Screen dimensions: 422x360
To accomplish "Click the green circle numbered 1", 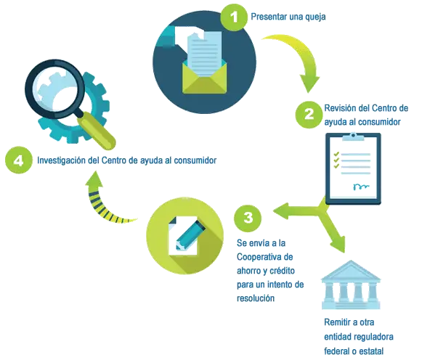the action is (x=234, y=17).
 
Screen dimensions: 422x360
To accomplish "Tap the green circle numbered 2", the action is (x=309, y=115).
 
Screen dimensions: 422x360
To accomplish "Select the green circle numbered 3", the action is (x=248, y=218).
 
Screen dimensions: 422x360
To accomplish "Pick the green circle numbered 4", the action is (x=19, y=160).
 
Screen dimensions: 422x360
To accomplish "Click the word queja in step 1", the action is (x=315, y=17).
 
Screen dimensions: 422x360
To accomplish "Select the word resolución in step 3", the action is (x=256, y=298).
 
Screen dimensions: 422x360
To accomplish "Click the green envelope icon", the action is (x=205, y=78).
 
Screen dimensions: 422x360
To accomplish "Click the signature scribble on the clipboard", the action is (x=361, y=187).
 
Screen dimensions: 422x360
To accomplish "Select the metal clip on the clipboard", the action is (x=353, y=137).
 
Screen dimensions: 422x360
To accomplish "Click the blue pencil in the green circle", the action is (x=190, y=234).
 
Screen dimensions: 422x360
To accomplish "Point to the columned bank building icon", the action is (x=351, y=285).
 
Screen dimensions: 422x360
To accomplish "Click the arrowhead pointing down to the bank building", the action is (x=338, y=244).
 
